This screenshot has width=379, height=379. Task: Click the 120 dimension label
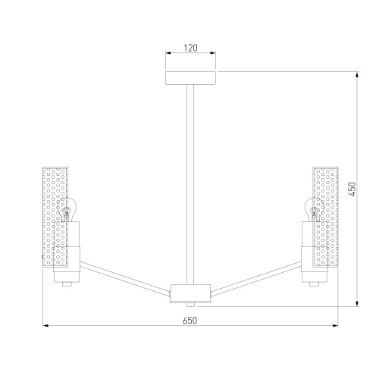click(x=190, y=48)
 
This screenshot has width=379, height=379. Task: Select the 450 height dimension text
click(x=352, y=189)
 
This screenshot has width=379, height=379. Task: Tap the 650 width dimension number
click(x=189, y=321)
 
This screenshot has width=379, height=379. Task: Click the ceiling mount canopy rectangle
click(x=190, y=78)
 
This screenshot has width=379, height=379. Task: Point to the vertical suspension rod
click(x=190, y=184)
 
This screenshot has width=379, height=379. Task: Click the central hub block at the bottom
click(x=190, y=293)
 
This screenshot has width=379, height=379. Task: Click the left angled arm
click(x=125, y=279)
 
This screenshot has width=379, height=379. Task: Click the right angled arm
click(x=256, y=279)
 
